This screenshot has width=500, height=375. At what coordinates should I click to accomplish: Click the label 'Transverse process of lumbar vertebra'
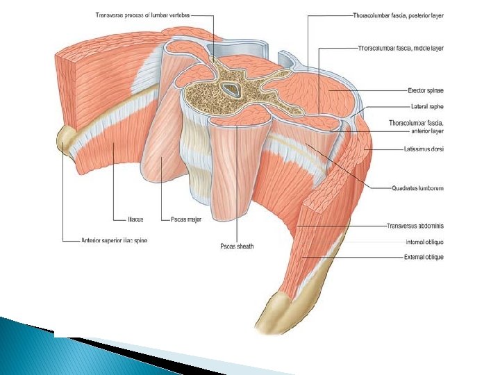coord(142,13)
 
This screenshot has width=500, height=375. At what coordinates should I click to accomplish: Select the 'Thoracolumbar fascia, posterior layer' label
coord(398,14)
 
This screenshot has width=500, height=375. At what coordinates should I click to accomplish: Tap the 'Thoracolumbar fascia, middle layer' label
coord(400,48)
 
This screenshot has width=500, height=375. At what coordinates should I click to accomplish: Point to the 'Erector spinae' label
coord(424,90)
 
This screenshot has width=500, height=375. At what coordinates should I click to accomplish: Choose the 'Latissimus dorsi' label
coord(423,148)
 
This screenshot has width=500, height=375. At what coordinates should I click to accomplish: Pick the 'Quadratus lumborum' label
coord(417,187)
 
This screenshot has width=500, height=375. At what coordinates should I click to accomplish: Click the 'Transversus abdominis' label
coord(416,226)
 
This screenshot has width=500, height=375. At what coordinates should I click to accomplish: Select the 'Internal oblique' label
coord(424,242)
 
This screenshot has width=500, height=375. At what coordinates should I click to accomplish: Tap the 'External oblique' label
coord(424,257)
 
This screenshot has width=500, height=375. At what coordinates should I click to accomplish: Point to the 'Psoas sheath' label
coord(237,246)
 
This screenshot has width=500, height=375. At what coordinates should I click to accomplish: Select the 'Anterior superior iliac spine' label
coord(114,241)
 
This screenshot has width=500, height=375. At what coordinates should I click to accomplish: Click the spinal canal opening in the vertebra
coord(230,88)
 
